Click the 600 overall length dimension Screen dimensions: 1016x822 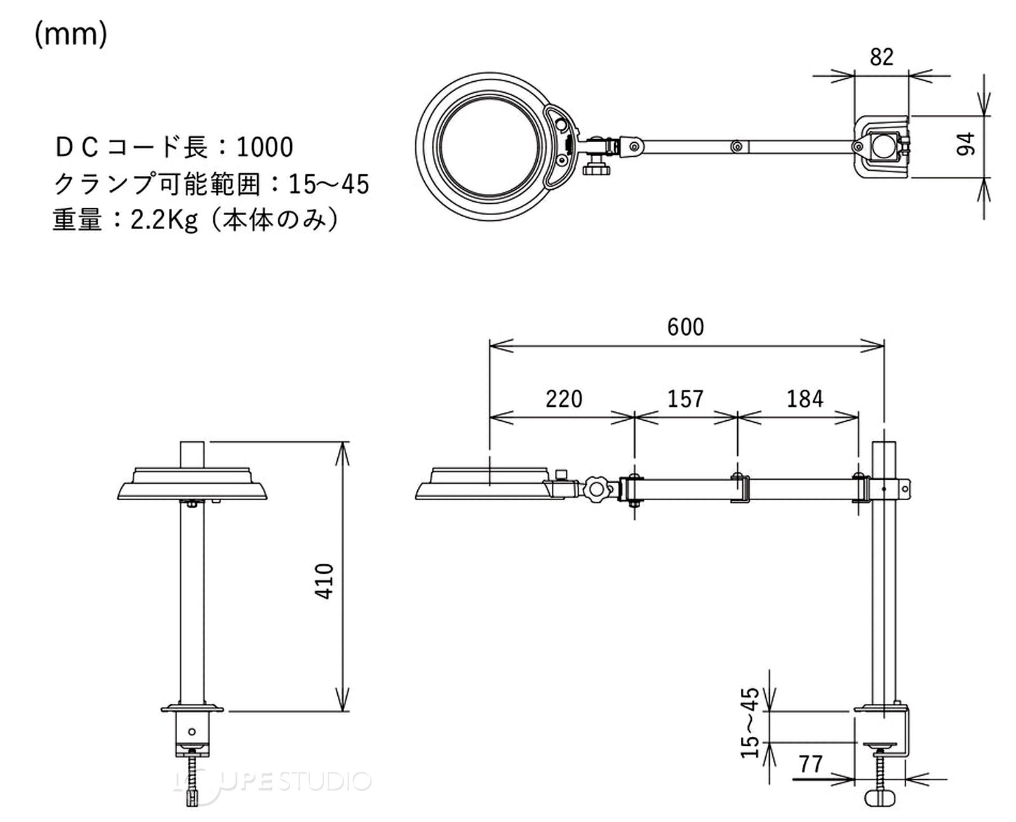[x=685, y=327]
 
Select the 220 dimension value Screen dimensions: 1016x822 [x=564, y=399]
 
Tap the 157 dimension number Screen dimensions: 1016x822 [x=685, y=399]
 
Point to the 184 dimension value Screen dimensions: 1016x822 [x=805, y=399]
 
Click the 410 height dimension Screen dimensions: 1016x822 [x=324, y=581]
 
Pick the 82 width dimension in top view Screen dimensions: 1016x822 [x=881, y=57]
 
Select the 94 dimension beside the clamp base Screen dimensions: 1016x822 [x=965, y=145]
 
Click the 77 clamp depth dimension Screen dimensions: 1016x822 [x=811, y=778]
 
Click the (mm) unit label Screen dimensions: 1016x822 [x=71, y=34]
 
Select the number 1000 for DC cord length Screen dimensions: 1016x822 [x=265, y=147]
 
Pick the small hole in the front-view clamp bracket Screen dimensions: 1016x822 [x=192, y=731]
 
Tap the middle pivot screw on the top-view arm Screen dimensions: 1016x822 [x=737, y=146]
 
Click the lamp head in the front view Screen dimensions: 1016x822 [x=192, y=484]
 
